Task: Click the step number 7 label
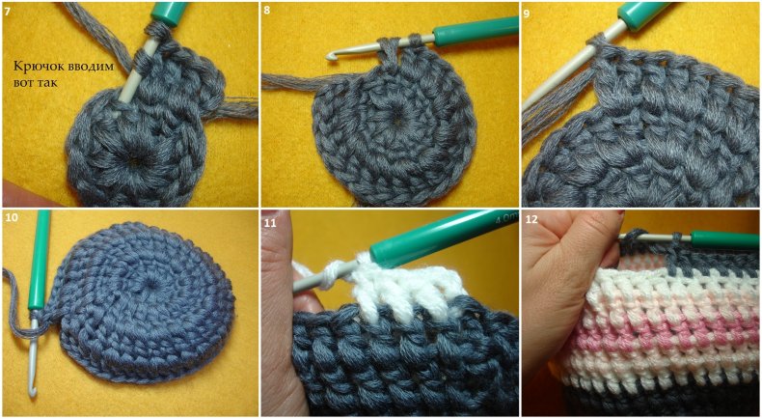[7, 11]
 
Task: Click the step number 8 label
[266, 11]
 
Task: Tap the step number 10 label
[12, 217]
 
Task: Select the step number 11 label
[269, 218]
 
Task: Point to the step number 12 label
[531, 219]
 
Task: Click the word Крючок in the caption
[36, 67]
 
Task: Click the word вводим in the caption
[86, 67]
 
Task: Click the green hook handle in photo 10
[40, 263]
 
